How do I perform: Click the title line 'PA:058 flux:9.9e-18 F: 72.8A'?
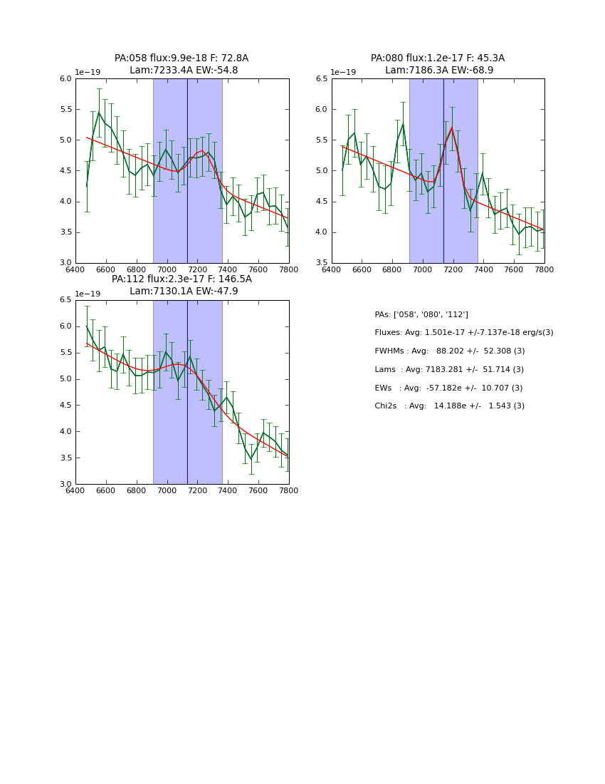pyautogui.click(x=181, y=58)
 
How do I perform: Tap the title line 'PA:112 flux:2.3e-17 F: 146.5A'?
pyautogui.click(x=181, y=279)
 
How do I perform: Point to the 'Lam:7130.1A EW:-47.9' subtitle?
pyautogui.click(x=184, y=292)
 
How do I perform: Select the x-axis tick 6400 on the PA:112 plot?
pyautogui.click(x=75, y=491)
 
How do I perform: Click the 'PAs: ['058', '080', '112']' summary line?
pyautogui.click(x=421, y=315)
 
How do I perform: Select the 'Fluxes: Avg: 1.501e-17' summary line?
pyautogui.click(x=463, y=333)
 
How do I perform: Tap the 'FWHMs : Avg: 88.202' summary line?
pyautogui.click(x=449, y=351)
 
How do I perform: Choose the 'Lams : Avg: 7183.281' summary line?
pyautogui.click(x=449, y=370)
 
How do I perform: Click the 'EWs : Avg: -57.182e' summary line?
pyautogui.click(x=448, y=388)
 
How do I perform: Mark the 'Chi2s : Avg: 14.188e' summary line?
pyautogui.click(x=449, y=406)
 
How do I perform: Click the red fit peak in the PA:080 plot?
pyautogui.click(x=451, y=128)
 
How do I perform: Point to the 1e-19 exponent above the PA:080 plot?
pyautogui.click(x=344, y=73)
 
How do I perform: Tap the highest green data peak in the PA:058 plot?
pyautogui.click(x=99, y=113)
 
